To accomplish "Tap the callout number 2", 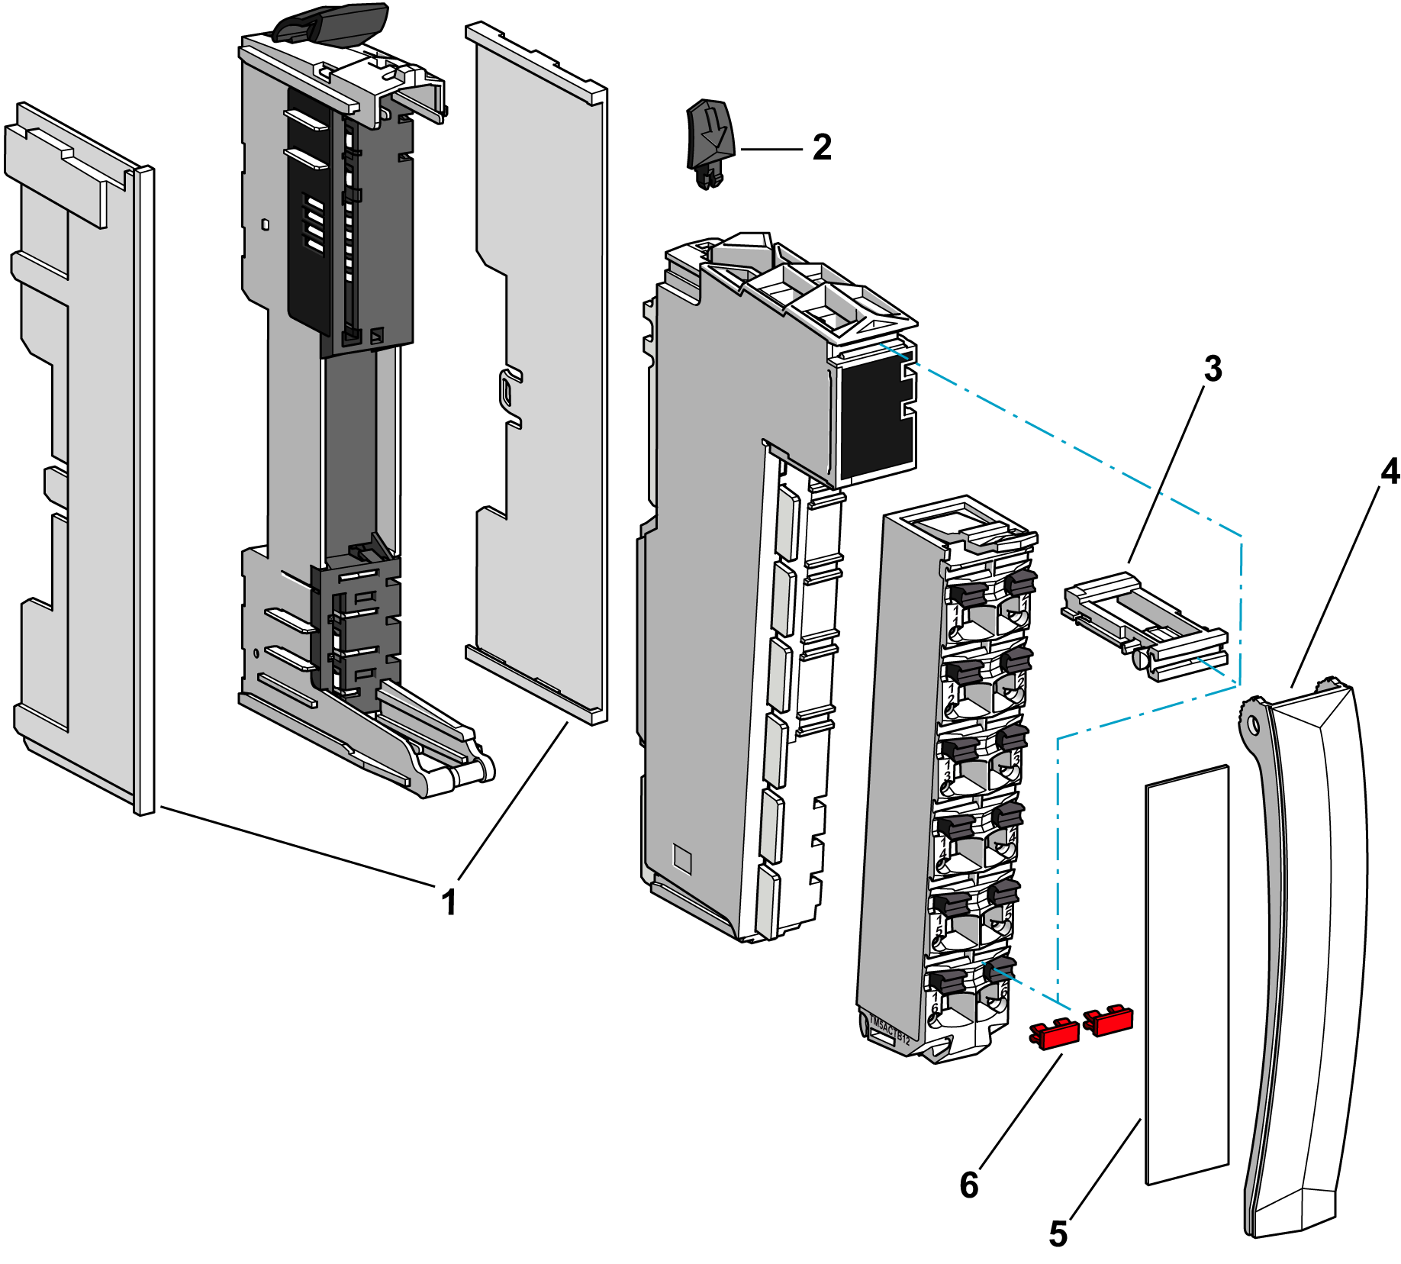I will click(x=822, y=147).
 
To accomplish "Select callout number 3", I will click(x=1213, y=369).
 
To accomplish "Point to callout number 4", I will click(x=1390, y=472).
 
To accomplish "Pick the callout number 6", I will click(x=969, y=1185).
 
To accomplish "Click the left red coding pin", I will click(x=1055, y=1034).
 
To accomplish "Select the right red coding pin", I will click(x=1109, y=1021).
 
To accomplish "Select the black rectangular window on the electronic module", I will click(x=875, y=415).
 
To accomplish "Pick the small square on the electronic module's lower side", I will click(x=681, y=859).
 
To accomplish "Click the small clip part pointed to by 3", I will click(x=1145, y=625).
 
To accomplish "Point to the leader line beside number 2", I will click(x=771, y=150).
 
